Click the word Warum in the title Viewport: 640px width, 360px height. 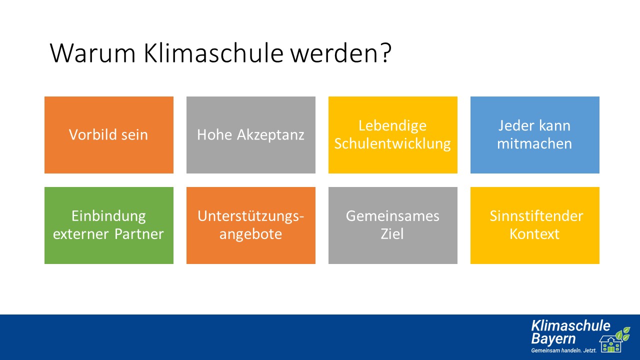point(92,53)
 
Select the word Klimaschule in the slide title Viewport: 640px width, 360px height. point(213,53)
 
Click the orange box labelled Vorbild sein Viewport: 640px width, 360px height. point(109,135)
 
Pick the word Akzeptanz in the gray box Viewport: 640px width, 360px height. point(270,135)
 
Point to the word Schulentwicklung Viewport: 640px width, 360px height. point(392,143)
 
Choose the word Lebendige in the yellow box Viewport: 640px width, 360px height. point(392,126)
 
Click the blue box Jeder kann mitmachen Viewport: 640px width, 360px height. point(535,135)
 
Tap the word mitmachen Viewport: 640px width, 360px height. point(534,143)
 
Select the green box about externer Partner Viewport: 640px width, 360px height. point(109,225)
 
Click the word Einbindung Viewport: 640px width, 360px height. point(108,216)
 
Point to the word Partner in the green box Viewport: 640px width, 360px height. point(139,234)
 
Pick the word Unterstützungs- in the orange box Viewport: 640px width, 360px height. point(250,216)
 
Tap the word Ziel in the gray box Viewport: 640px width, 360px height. point(392,234)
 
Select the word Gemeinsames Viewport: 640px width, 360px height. point(392,216)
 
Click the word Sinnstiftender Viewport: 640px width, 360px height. point(536,216)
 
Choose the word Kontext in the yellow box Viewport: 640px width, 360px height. point(534,234)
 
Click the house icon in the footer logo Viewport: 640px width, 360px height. point(611,344)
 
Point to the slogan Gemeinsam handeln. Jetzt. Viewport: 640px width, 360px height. point(563,350)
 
